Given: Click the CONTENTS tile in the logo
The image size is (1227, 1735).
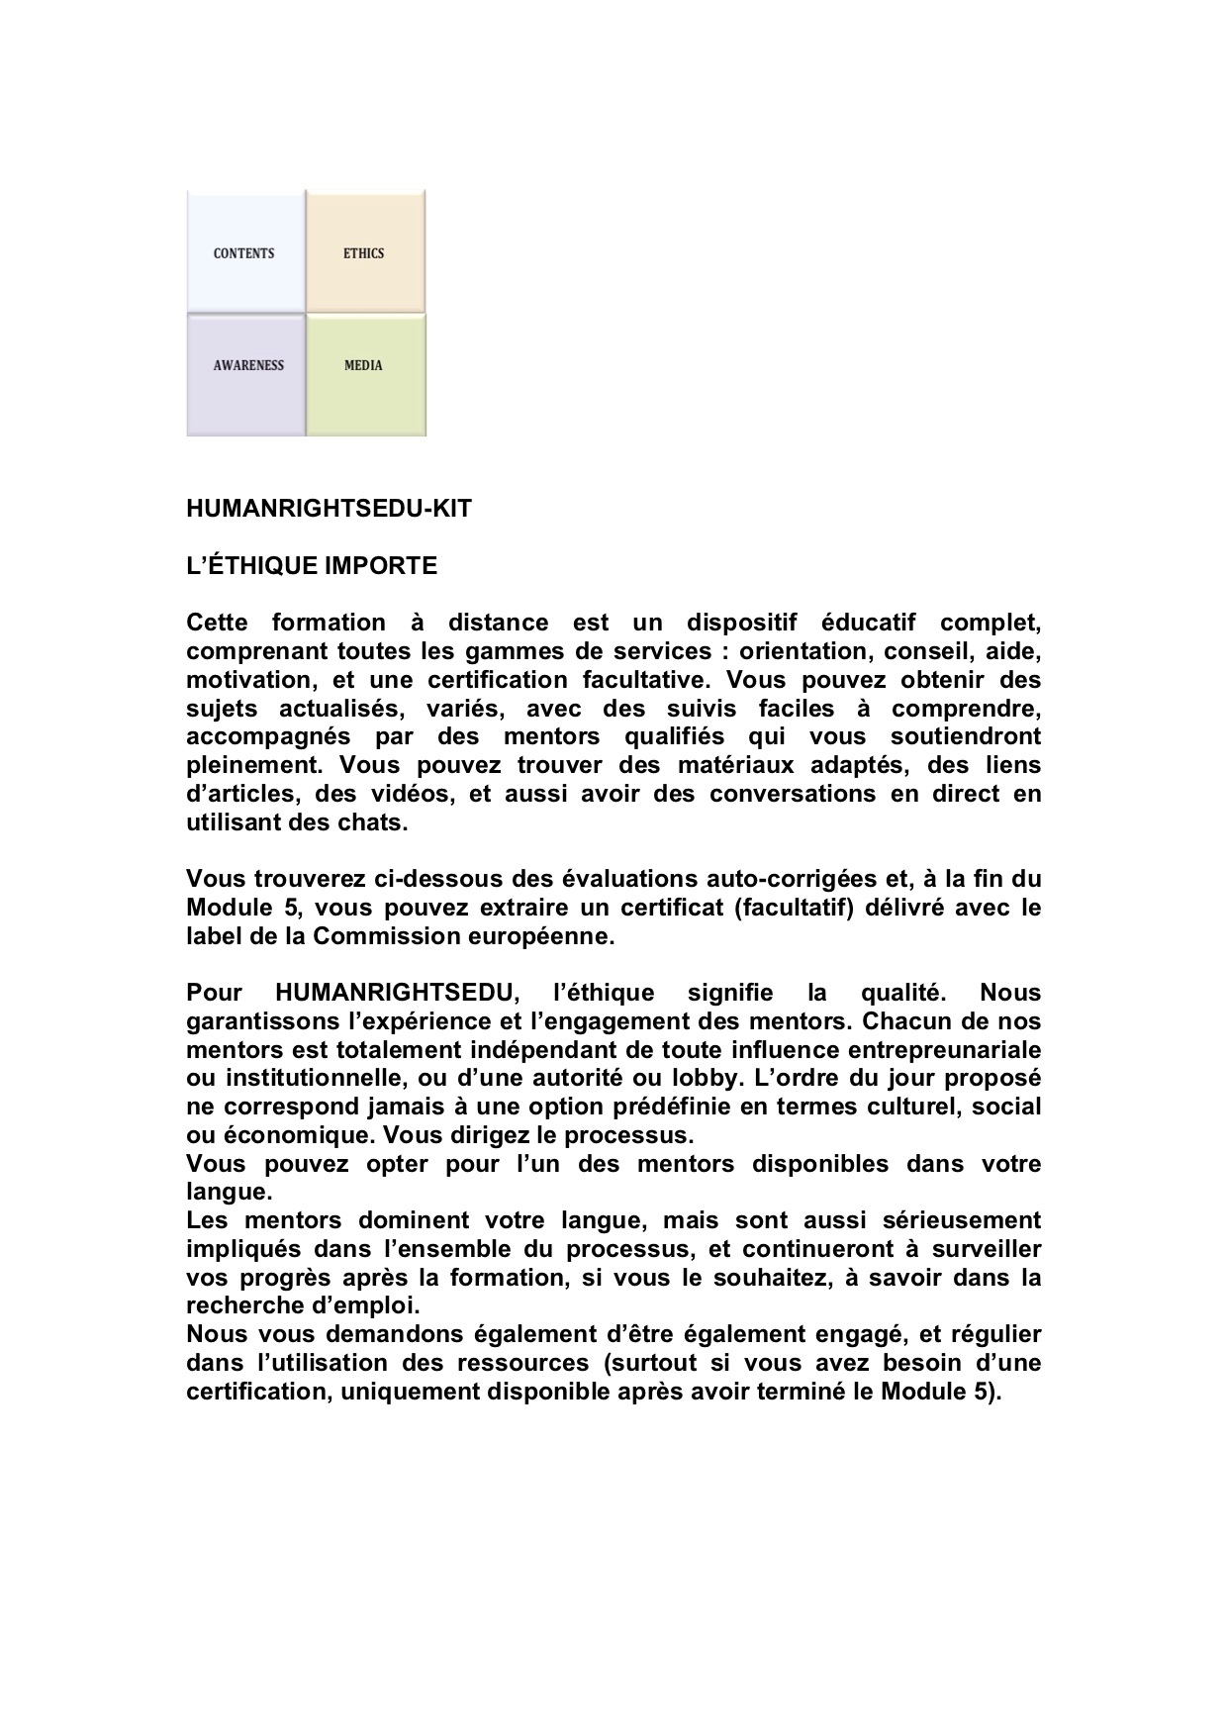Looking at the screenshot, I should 244,253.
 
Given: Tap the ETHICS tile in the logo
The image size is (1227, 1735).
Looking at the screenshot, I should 364,253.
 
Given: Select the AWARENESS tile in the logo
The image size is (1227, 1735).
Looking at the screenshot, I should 247,366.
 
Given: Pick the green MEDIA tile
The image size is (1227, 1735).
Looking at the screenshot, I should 364,366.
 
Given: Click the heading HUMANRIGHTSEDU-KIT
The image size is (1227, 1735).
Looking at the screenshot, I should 329,510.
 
